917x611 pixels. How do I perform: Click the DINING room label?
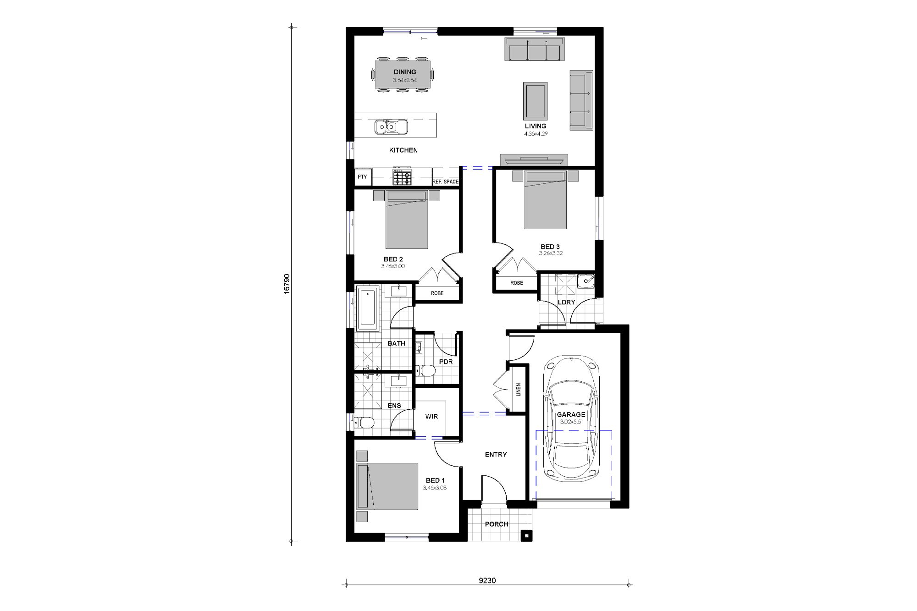point(404,72)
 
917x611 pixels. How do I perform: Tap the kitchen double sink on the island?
point(391,127)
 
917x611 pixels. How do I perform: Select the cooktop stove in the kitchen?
point(402,177)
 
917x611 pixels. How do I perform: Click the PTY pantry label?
point(362,177)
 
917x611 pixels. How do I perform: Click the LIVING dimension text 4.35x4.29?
point(536,134)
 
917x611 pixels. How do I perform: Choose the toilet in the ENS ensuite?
point(367,422)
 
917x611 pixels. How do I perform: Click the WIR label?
point(431,416)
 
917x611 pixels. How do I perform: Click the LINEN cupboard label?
point(519,390)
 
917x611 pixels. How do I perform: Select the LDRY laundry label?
point(566,302)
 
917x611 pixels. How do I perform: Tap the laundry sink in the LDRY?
point(585,281)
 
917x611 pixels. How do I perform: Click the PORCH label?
point(496,524)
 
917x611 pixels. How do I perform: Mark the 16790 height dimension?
point(287,284)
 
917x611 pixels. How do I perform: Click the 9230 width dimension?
point(487,580)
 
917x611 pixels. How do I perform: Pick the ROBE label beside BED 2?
point(437,293)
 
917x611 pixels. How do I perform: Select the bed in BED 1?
point(388,486)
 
